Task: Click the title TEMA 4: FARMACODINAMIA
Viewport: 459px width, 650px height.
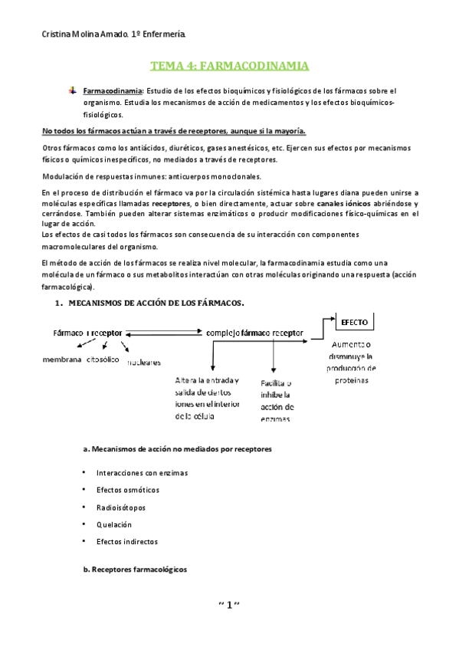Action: (228, 67)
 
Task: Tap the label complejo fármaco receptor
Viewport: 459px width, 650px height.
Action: (254, 333)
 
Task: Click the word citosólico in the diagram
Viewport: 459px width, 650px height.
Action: (103, 359)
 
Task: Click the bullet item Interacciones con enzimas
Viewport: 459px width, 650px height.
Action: (142, 473)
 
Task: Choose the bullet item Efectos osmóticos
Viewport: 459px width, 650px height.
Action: (126, 490)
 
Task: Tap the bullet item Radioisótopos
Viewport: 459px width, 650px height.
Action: (121, 507)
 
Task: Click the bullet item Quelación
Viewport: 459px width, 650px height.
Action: (114, 524)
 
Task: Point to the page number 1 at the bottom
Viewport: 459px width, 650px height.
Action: (229, 606)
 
